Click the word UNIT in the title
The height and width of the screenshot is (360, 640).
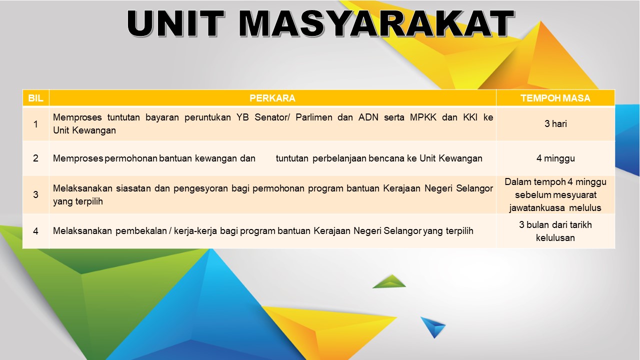point(175,23)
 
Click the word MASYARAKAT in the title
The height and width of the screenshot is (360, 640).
point(376,23)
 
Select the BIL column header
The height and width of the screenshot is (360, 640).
point(35,98)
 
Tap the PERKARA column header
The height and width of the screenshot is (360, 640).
point(272,98)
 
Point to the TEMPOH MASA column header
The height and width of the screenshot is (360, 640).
point(555,98)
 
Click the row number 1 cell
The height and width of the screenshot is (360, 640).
point(35,124)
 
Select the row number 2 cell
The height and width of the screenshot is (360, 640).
point(35,158)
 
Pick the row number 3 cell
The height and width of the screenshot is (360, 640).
point(35,194)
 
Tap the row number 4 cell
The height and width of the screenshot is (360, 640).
point(35,231)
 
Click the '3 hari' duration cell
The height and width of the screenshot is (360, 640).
point(555,123)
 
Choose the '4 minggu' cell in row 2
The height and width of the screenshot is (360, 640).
point(555,158)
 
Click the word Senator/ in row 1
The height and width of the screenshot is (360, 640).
point(272,117)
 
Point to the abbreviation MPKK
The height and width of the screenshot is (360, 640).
point(423,117)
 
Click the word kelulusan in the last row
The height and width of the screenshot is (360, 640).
point(555,237)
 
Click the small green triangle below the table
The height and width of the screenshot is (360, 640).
point(389,281)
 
